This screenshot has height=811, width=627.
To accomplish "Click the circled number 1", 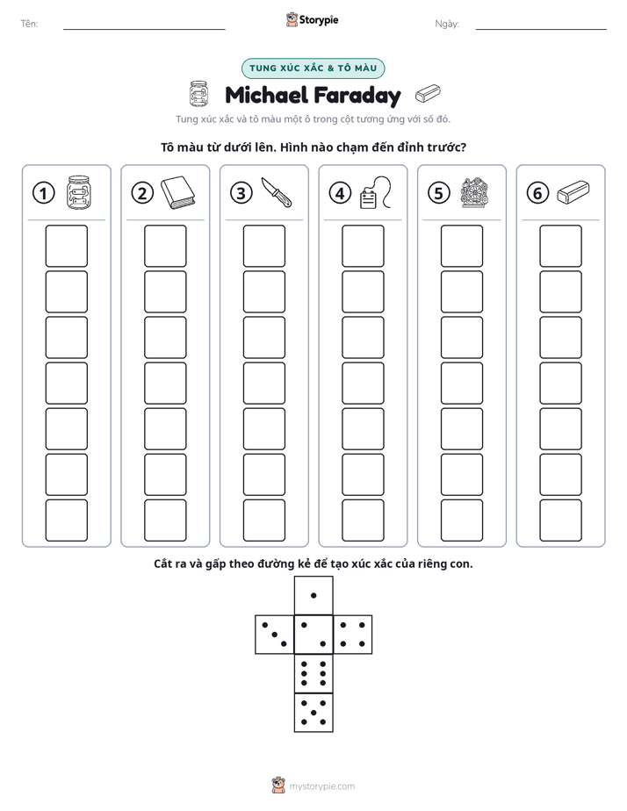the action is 43,193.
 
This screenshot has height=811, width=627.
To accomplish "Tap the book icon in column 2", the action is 178,193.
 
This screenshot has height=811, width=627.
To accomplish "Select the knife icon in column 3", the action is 277,192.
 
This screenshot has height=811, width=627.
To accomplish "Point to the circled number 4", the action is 340,193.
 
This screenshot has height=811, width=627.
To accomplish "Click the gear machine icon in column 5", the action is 474,192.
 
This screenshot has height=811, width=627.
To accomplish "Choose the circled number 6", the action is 537,193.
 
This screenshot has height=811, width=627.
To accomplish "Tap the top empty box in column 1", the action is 66,246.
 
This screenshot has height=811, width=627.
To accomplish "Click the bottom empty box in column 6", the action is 560,520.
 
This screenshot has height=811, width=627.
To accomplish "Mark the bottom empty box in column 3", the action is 263,520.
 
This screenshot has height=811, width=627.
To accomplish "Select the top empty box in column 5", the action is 461,246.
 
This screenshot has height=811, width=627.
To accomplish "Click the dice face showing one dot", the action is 313,595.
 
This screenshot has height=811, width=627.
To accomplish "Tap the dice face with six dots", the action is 313,673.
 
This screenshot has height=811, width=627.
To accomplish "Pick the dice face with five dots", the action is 313,713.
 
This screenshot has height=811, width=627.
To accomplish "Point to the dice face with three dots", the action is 275,635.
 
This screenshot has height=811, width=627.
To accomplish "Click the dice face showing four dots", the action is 353,635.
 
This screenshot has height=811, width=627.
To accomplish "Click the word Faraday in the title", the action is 357,96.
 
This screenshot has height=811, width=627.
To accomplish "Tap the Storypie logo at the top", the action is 312,20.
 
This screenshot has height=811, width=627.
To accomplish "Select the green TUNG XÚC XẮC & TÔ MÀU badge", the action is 313,68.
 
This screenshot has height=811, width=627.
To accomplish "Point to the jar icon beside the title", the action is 198,94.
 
